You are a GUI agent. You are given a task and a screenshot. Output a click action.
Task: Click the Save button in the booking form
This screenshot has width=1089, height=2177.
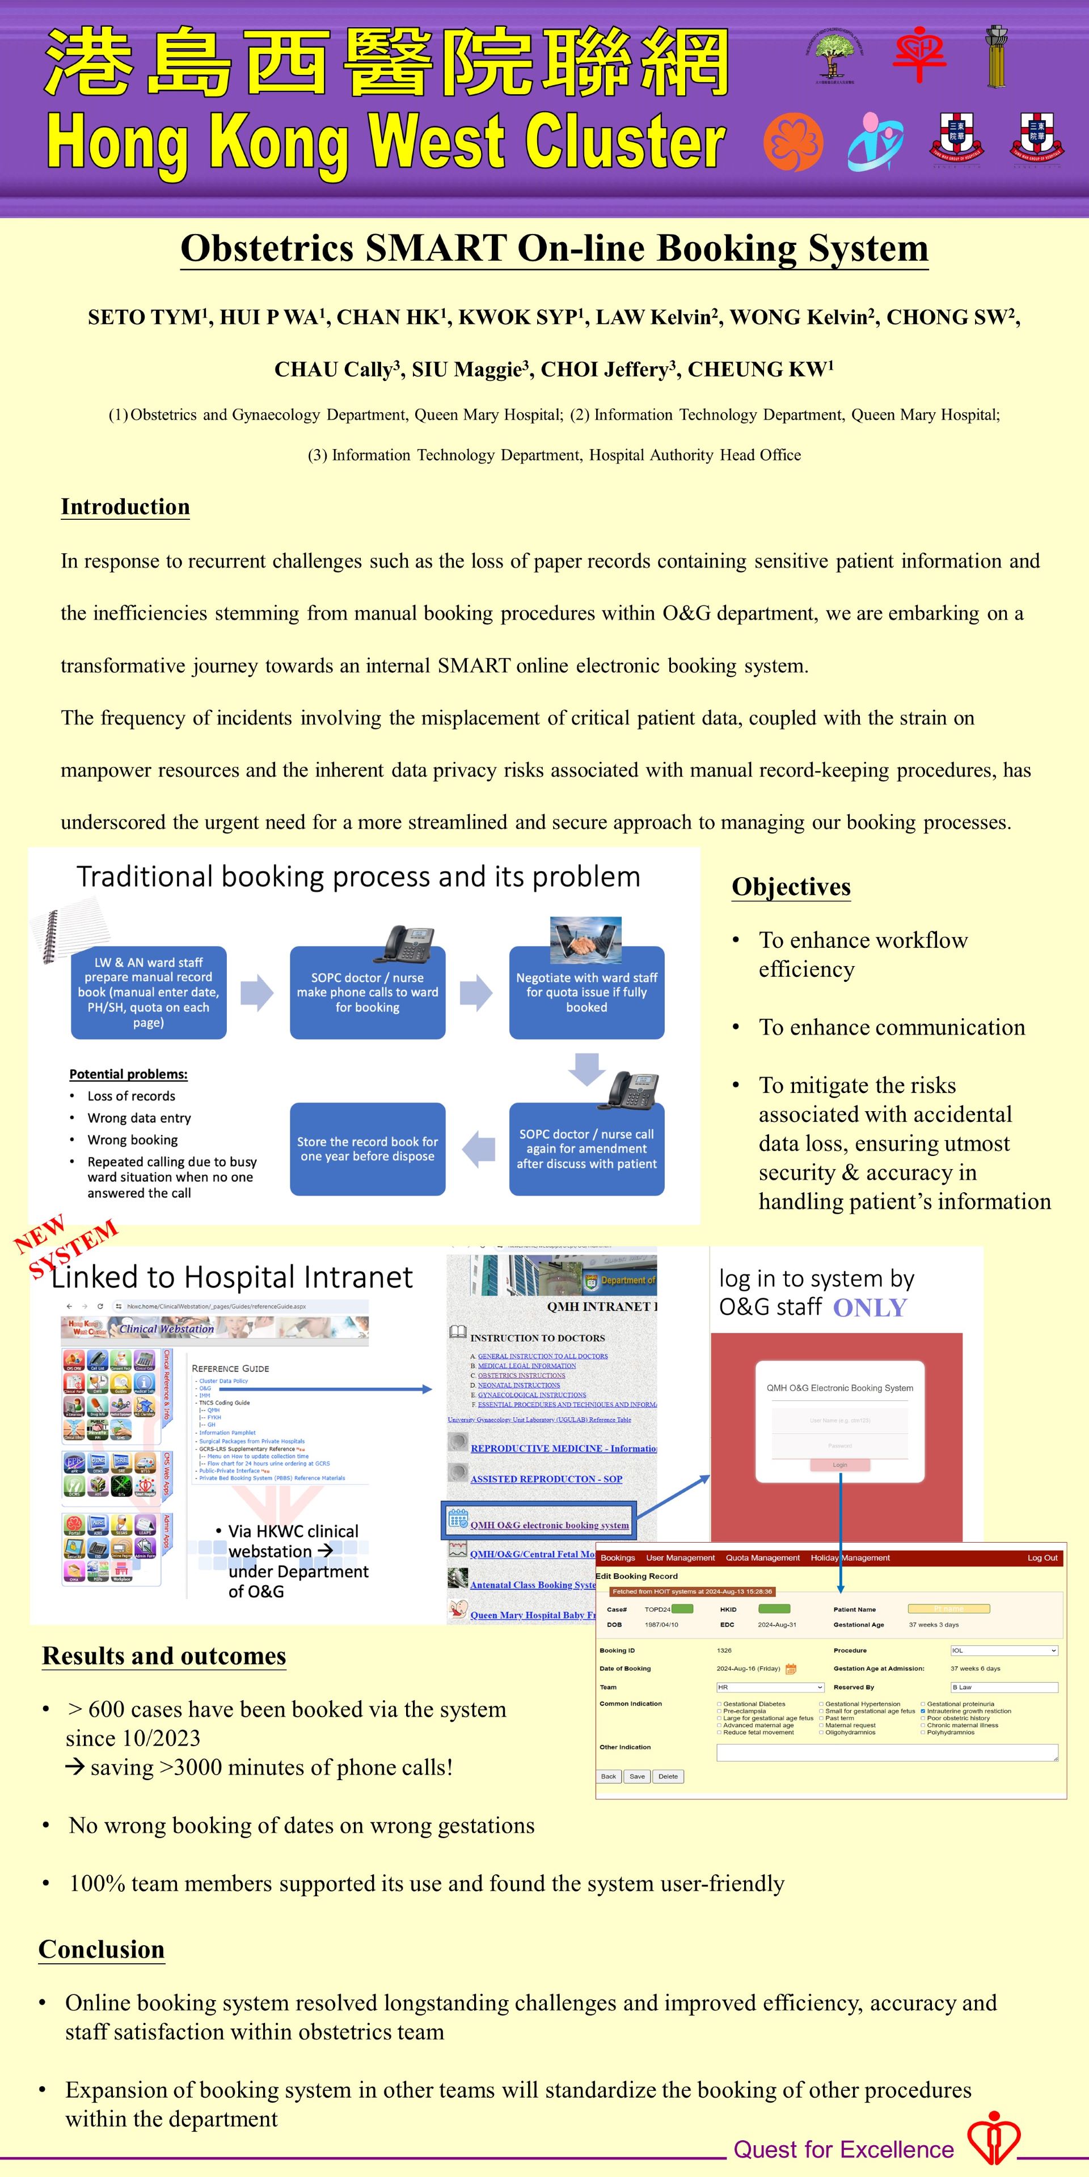(x=636, y=1776)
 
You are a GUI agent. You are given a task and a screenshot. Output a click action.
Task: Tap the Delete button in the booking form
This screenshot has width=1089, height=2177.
(x=668, y=1776)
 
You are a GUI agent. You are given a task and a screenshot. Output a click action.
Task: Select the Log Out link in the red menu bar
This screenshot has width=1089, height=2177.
(x=1042, y=1557)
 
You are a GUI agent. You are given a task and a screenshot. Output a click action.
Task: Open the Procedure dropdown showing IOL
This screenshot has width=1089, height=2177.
(x=1003, y=1650)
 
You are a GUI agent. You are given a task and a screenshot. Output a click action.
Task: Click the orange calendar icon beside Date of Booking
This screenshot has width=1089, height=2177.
(x=791, y=1669)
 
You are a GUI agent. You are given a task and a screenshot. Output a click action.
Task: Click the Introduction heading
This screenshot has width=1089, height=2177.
(x=125, y=507)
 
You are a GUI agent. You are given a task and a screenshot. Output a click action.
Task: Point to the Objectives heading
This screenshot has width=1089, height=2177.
(x=791, y=887)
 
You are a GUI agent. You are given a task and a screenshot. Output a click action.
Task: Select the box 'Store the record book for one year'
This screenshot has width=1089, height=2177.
(x=367, y=1149)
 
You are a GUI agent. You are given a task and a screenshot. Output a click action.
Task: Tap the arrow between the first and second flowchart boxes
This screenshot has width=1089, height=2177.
(x=257, y=992)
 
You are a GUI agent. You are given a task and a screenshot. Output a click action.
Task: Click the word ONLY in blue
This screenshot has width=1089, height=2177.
(x=869, y=1308)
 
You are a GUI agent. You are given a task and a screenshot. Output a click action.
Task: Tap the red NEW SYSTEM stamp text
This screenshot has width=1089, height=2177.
(x=66, y=1247)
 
